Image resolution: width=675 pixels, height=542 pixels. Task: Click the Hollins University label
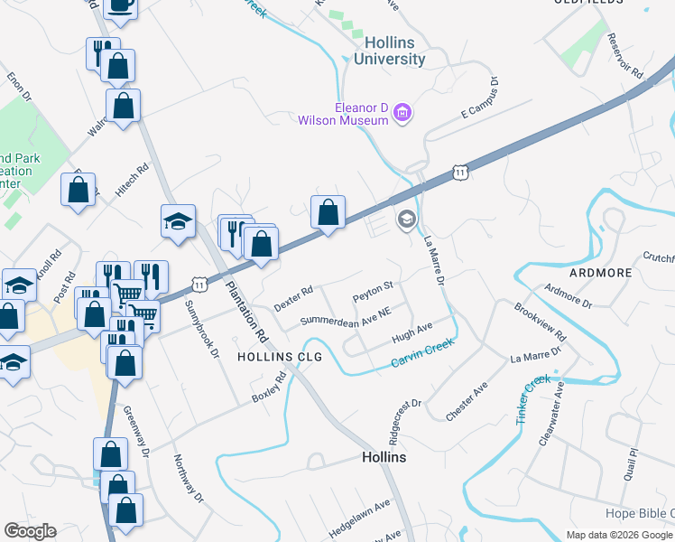pyautogui.click(x=394, y=51)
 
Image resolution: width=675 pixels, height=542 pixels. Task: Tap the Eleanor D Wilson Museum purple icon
pyautogui.click(x=402, y=114)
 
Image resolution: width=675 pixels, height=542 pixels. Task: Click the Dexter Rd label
pyautogui.click(x=293, y=298)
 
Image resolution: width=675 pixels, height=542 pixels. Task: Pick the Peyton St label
pyautogui.click(x=373, y=293)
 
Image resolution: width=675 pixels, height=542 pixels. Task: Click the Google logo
pyautogui.click(x=30, y=531)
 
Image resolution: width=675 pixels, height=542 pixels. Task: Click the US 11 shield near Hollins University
pyautogui.click(x=461, y=172)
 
